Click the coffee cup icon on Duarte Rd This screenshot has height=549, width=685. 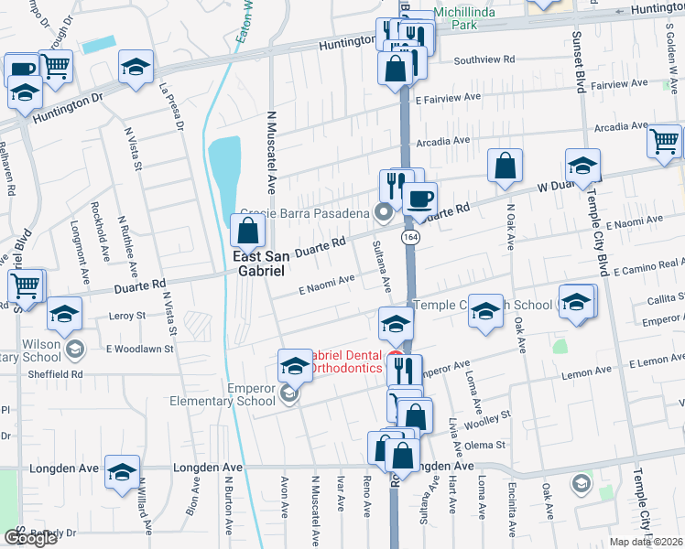click(x=419, y=199)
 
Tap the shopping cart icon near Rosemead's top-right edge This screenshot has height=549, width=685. click(x=664, y=143)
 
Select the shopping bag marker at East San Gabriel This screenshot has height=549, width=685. click(x=247, y=231)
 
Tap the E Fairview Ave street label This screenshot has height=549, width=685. click(x=448, y=97)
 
